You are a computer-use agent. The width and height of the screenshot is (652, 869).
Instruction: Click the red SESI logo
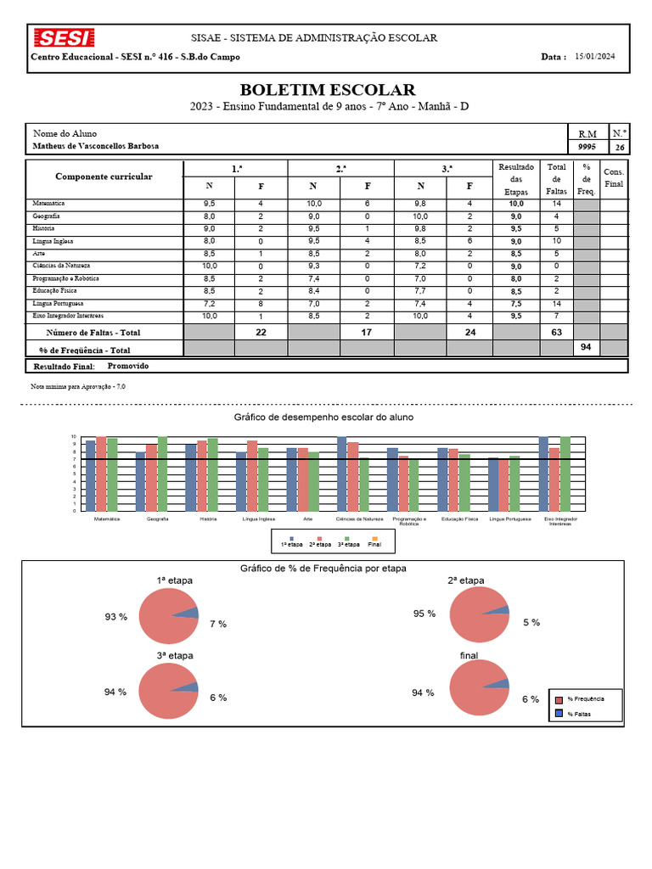click(64, 38)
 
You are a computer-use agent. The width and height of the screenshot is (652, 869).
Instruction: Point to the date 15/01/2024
click(594, 57)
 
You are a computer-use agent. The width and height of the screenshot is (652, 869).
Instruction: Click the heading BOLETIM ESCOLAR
click(327, 90)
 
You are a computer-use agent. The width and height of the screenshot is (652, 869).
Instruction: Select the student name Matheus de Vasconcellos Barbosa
click(95, 146)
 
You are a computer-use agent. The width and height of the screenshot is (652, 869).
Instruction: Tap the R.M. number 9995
click(587, 147)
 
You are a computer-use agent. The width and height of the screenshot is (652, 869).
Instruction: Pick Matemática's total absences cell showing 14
click(556, 204)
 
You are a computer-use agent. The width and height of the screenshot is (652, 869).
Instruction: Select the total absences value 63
click(556, 333)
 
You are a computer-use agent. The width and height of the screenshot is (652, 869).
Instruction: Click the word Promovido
click(128, 366)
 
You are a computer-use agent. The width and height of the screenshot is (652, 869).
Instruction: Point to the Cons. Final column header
click(614, 178)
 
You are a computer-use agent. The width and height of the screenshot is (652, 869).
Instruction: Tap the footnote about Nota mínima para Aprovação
click(77, 386)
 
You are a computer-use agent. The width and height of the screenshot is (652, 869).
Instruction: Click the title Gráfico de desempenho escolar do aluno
click(324, 418)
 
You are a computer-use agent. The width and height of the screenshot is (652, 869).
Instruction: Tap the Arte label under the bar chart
click(308, 519)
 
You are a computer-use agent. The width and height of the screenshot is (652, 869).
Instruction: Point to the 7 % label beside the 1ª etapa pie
click(218, 624)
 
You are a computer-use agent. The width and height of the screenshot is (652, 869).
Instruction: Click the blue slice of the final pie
click(501, 683)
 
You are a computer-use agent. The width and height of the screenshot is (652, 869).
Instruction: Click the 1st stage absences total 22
click(261, 333)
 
